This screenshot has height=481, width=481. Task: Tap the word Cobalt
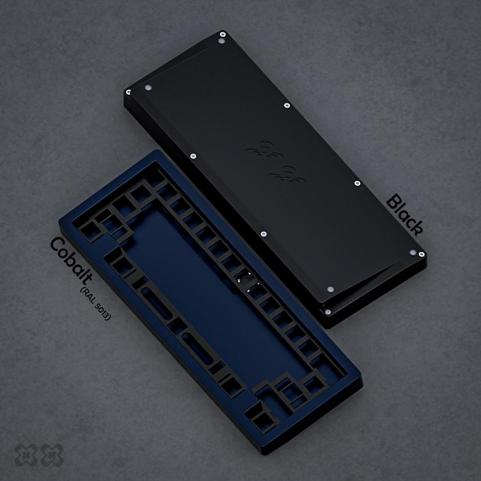[71, 260]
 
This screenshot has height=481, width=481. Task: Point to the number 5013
[103, 311]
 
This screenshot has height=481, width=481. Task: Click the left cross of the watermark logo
[26, 455]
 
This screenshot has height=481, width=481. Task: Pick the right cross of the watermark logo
[52, 455]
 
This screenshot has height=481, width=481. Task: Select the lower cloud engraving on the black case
[287, 174]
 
